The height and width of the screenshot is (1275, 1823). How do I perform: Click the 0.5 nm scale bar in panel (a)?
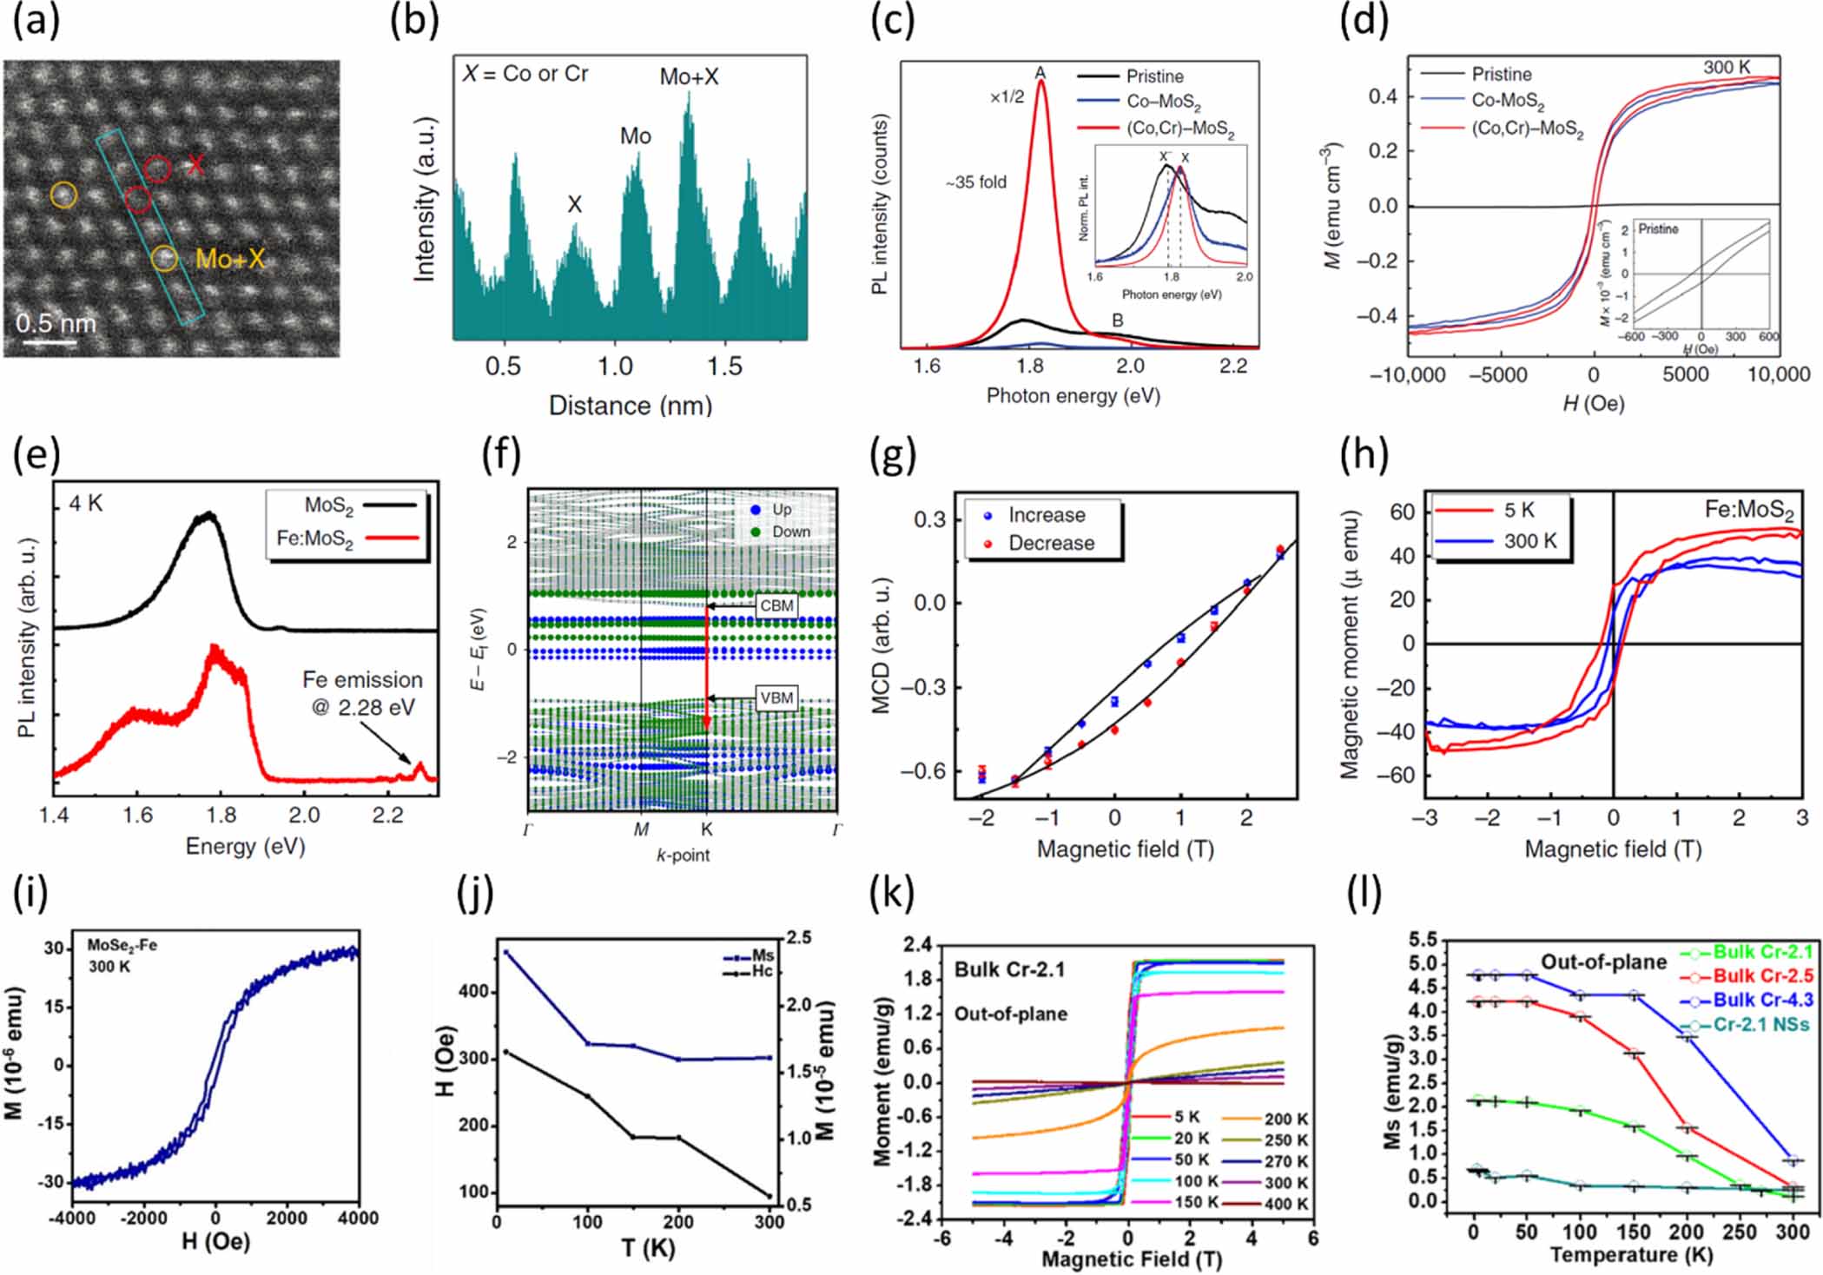50,341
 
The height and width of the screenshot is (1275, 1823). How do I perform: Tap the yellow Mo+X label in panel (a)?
230,259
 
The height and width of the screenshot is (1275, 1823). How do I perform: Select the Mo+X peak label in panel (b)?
689,77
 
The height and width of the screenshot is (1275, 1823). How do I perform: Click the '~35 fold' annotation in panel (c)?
976,182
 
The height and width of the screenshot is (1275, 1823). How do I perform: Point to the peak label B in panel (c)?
1118,320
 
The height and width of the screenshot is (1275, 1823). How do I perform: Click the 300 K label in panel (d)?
1727,68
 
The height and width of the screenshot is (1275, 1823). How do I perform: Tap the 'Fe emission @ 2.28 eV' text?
362,693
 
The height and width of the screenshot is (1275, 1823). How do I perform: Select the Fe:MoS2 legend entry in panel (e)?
347,538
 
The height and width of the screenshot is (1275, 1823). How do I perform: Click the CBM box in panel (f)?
776,605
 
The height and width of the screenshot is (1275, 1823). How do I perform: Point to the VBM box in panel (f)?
776,698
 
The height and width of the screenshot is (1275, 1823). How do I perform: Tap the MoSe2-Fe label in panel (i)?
122,945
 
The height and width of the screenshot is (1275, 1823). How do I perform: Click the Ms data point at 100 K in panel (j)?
588,1043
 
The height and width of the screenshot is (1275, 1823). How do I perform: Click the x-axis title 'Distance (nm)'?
631,406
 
